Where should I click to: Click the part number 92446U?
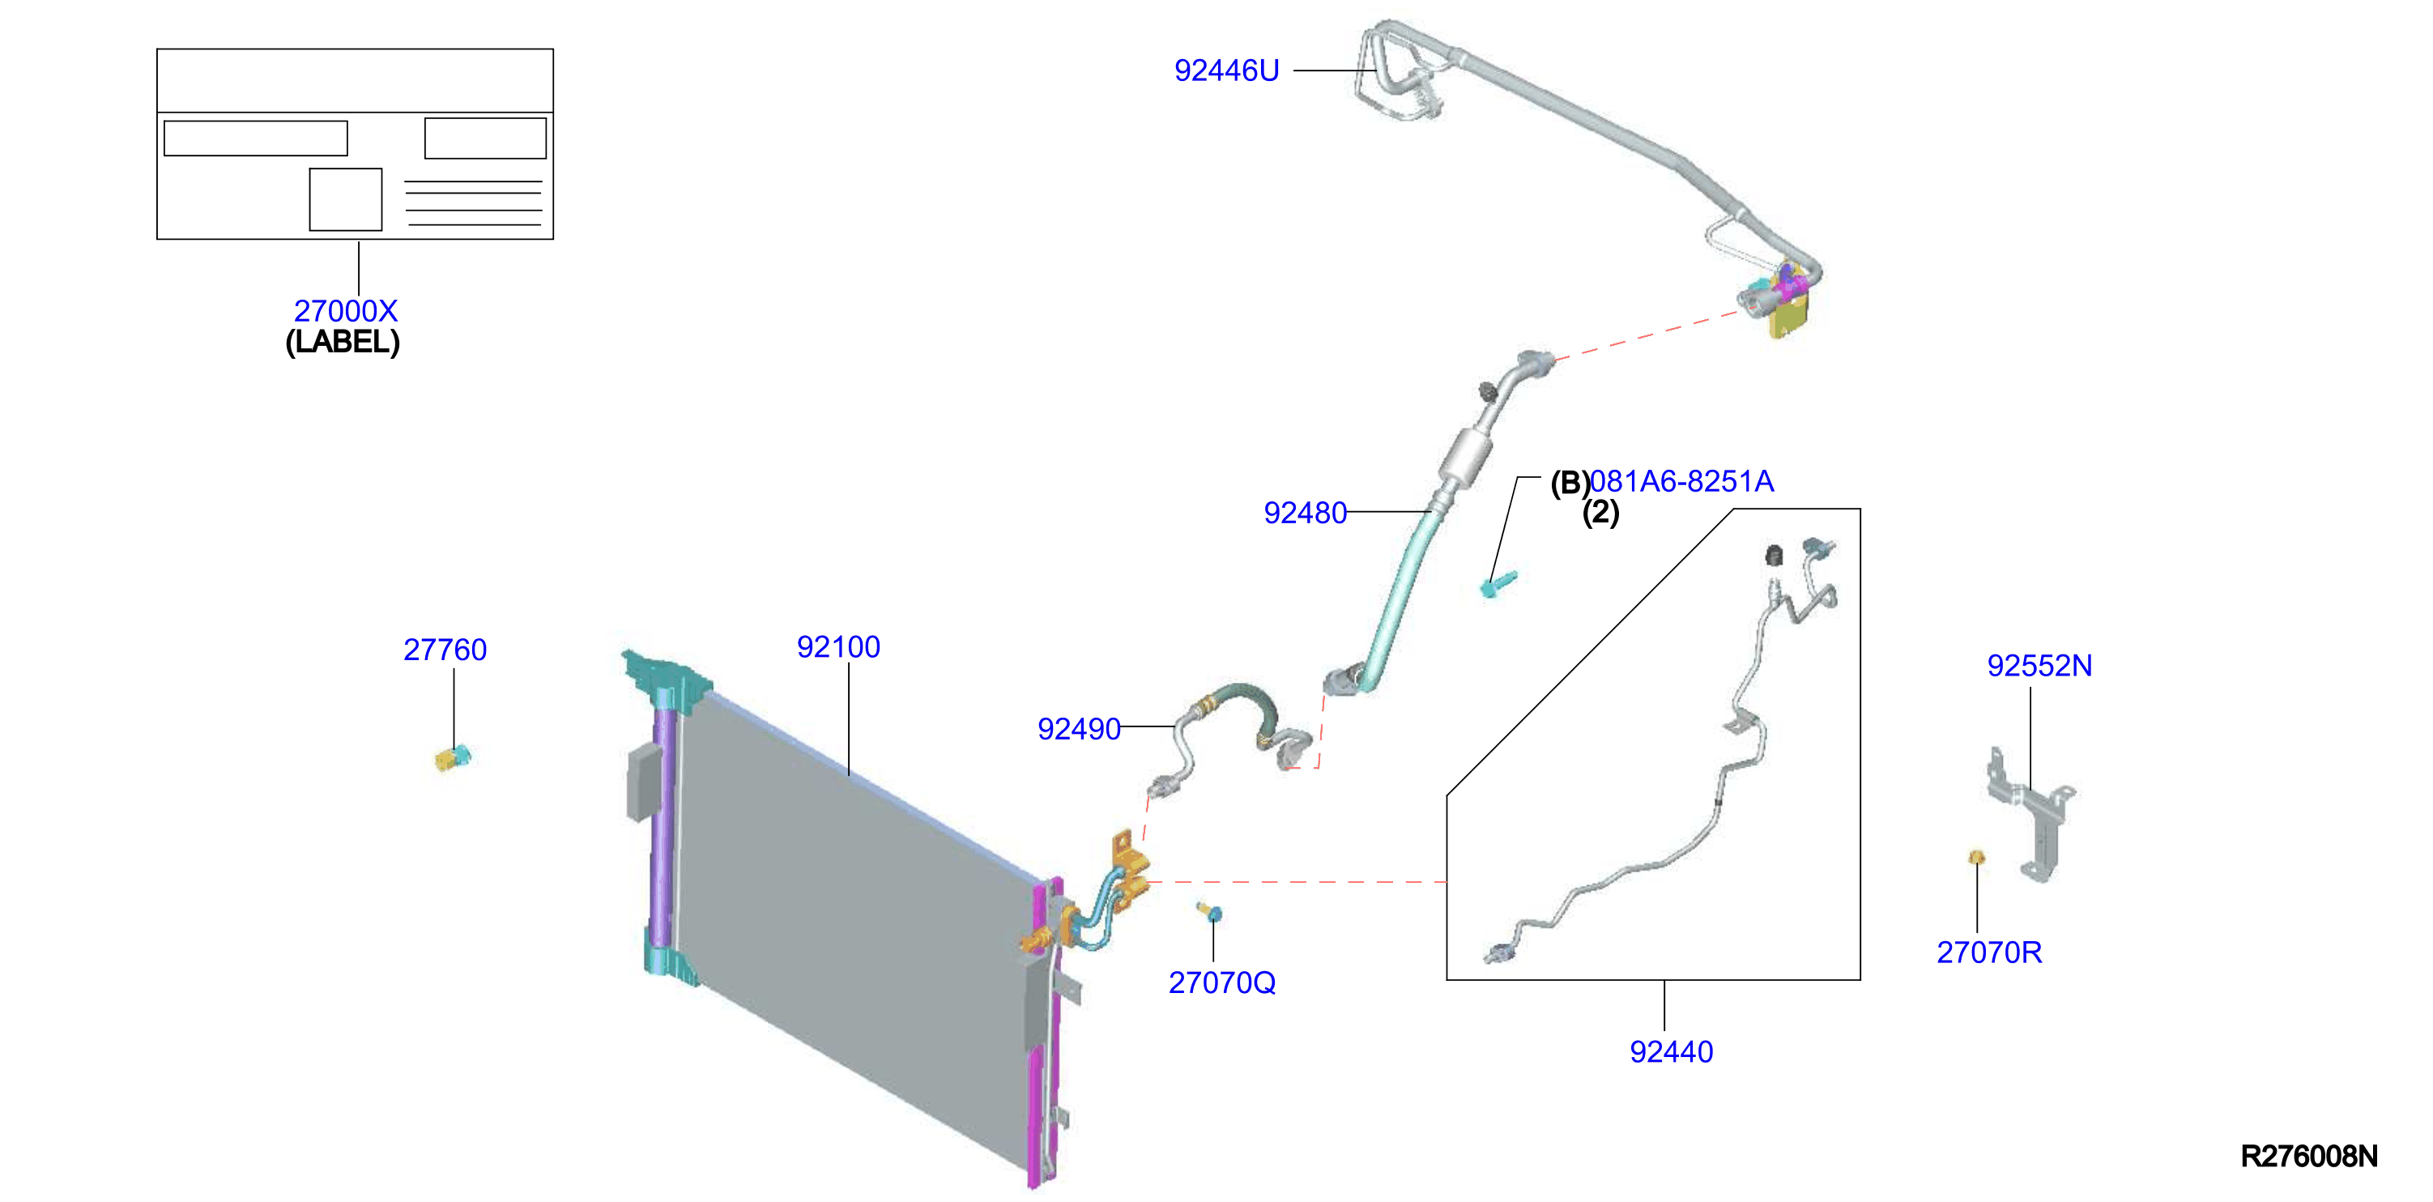pos(1226,70)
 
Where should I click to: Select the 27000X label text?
pos(346,311)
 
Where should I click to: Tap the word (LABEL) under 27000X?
pos(343,342)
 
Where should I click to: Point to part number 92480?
pos(1306,513)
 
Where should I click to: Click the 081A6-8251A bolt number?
pos(1681,482)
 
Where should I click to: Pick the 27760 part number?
pos(445,650)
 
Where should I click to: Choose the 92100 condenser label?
pos(837,647)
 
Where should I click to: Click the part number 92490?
pos(1079,729)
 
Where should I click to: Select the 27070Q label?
pos(1222,983)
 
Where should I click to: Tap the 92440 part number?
pos(1671,1052)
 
